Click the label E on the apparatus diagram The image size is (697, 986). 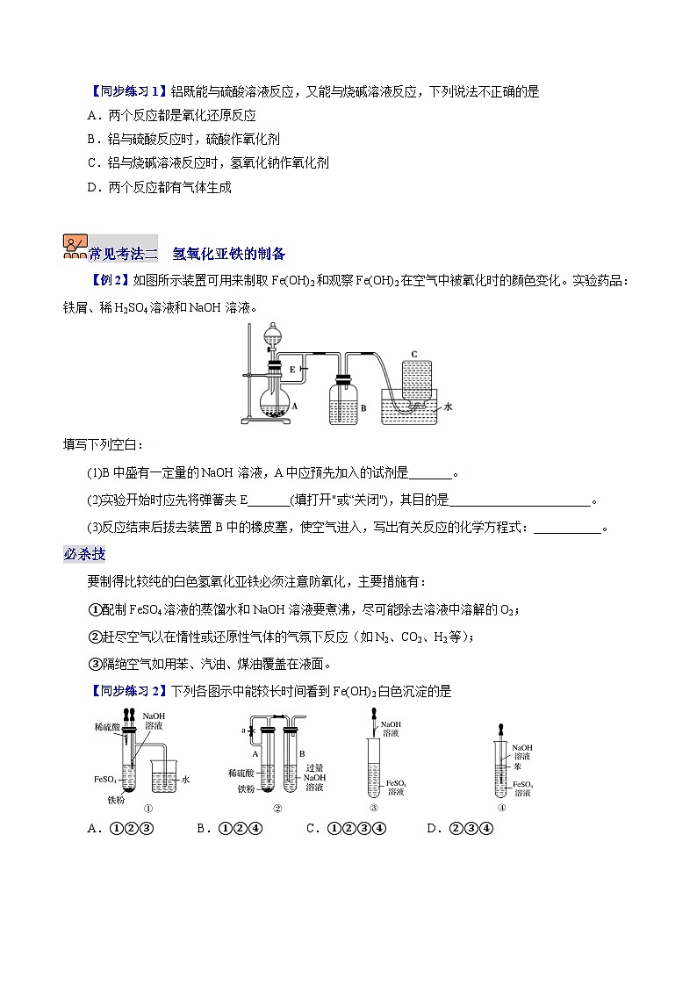[291, 371]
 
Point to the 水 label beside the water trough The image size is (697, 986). [448, 407]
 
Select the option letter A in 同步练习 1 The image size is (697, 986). [93, 115]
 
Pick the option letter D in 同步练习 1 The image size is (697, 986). [93, 187]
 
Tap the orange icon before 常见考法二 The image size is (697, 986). [75, 247]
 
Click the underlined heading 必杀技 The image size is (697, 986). [84, 554]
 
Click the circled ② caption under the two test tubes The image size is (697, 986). [277, 809]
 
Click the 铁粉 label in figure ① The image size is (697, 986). [117, 800]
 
